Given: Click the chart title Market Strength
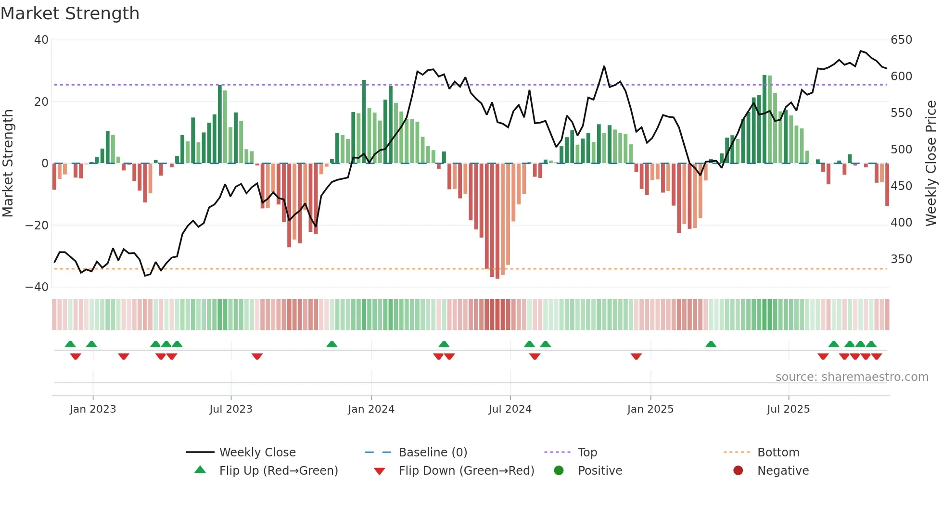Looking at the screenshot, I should [x=70, y=13].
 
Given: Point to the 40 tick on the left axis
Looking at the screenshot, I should [x=41, y=40].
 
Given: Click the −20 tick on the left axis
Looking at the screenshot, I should [x=37, y=225].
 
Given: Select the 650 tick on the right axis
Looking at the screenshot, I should [x=901, y=40].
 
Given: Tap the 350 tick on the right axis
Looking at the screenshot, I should [x=901, y=259].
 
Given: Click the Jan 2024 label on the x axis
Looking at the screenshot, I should [x=371, y=409].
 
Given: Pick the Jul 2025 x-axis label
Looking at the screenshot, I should [x=788, y=409].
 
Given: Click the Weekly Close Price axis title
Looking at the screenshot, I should [x=931, y=164].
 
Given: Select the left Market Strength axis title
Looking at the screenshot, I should [x=8, y=164].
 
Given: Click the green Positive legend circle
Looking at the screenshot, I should [x=559, y=471].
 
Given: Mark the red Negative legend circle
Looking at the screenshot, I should [x=738, y=471].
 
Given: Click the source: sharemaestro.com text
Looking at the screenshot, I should [x=852, y=377].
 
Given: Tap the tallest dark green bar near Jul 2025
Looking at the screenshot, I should [x=765, y=120].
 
